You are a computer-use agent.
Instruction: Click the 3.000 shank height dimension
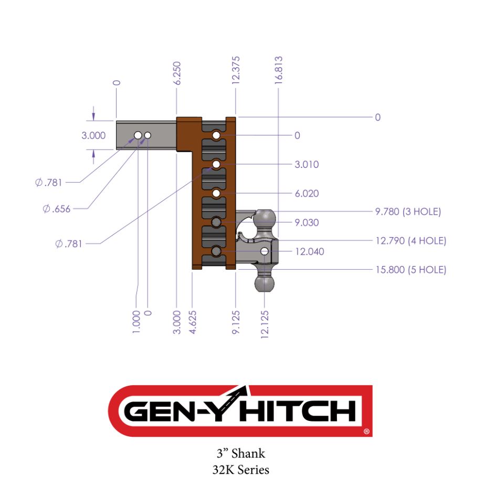[93, 135]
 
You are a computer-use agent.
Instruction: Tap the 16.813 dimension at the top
[279, 70]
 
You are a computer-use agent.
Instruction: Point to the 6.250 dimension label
[177, 73]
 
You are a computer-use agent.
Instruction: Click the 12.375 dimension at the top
[236, 70]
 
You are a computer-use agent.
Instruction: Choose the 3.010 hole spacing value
[307, 165]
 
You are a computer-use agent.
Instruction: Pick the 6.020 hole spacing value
[307, 194]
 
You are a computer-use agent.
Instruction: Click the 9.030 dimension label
[307, 223]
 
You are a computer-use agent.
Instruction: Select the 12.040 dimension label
[309, 251]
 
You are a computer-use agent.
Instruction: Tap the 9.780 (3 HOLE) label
[408, 212]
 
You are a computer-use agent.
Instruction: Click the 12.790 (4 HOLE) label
[410, 241]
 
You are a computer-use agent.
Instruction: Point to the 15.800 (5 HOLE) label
[410, 270]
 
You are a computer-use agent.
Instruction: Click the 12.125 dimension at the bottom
[265, 324]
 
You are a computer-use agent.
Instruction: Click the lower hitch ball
[265, 284]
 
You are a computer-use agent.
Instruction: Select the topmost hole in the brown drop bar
[216, 136]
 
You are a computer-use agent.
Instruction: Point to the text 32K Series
[241, 469]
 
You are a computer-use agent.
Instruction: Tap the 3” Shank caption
[241, 453]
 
